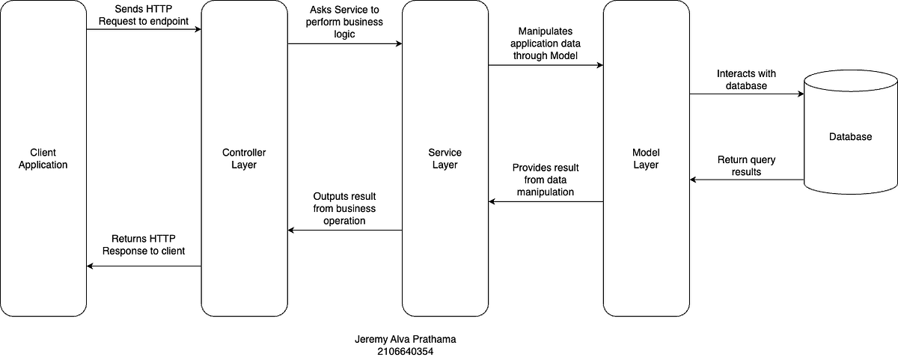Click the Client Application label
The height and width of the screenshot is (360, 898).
(x=43, y=159)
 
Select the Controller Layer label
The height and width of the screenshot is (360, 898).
(x=245, y=159)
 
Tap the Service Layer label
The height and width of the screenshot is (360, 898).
(x=445, y=159)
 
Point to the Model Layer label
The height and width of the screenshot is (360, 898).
(x=646, y=159)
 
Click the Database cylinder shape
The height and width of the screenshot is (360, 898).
(x=850, y=137)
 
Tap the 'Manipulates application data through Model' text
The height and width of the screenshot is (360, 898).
(x=546, y=43)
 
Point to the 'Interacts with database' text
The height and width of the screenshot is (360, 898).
(x=746, y=79)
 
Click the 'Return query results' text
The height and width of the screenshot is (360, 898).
(x=746, y=165)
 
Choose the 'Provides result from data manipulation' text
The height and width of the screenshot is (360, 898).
(x=546, y=180)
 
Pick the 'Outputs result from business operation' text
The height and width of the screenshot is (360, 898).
(x=344, y=209)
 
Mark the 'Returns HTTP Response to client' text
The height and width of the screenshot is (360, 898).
(x=143, y=245)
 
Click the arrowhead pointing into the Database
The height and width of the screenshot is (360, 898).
(x=800, y=94)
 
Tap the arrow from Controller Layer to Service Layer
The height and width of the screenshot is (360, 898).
(x=344, y=44)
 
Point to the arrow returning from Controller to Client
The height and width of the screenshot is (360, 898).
(x=144, y=266)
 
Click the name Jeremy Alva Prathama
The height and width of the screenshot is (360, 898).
(x=405, y=339)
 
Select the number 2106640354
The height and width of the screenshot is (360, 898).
(x=405, y=350)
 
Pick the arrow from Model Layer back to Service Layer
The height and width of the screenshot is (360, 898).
(x=546, y=201)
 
